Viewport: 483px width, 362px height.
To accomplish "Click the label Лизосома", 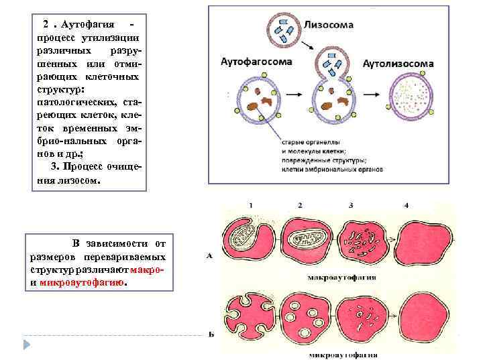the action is click(329, 24).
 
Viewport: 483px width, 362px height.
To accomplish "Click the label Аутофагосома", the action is click(256, 62).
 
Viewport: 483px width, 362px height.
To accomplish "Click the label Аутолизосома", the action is click(398, 64).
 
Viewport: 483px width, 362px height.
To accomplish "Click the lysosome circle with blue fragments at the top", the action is click(284, 27).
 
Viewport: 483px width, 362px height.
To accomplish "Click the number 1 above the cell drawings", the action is click(250, 204).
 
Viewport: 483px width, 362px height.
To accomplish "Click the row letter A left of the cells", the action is click(211, 255).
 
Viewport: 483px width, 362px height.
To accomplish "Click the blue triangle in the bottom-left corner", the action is click(28, 345).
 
